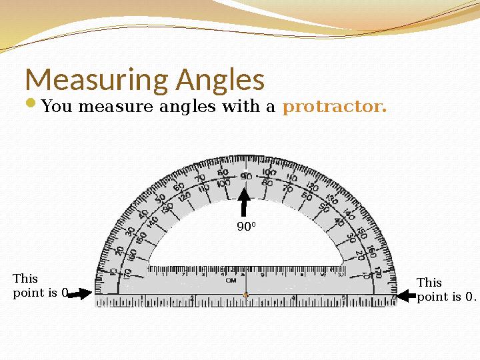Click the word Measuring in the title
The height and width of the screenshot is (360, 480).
tap(96, 81)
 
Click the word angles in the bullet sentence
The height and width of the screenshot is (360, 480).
tap(178, 107)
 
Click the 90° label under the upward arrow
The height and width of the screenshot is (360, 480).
tap(246, 227)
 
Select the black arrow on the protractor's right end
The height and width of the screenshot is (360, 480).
tap(406, 294)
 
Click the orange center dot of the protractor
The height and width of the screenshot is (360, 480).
tap(246, 295)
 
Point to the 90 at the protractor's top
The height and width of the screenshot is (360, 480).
tap(245, 175)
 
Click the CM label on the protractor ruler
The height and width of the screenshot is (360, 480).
tap(231, 281)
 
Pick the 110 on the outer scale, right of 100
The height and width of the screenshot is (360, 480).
tap(291, 179)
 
